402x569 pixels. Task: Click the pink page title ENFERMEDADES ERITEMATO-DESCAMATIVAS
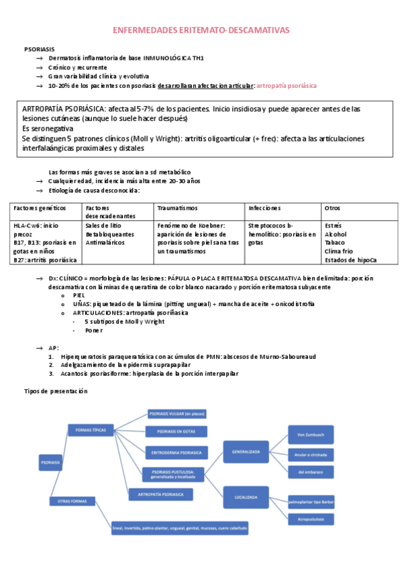tap(200, 30)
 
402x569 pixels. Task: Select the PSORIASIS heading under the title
tap(40, 49)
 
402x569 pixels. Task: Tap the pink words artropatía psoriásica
tap(287, 86)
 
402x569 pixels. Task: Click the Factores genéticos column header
tap(40, 208)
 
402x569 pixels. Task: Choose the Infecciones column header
tap(264, 208)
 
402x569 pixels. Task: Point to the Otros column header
tap(332, 208)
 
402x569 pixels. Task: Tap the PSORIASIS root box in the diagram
tap(51, 462)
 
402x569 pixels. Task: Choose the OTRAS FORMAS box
tap(74, 500)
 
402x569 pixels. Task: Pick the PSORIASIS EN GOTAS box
tap(176, 431)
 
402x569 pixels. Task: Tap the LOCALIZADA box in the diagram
tap(246, 497)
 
